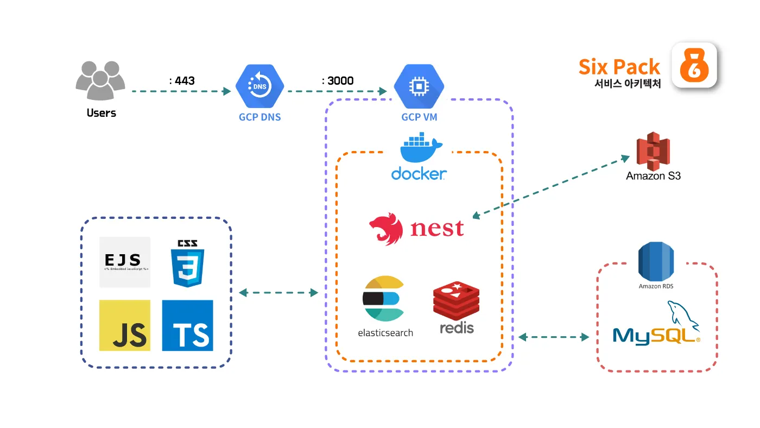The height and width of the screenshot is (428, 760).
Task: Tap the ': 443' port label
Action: point(182,81)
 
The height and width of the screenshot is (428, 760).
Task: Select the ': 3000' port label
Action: point(338,81)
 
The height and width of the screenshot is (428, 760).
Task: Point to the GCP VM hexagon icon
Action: point(419,87)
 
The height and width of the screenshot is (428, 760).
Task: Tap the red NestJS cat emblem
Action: point(386,229)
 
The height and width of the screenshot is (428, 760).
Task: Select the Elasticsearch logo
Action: point(384,299)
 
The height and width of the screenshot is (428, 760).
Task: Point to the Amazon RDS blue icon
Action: point(656,262)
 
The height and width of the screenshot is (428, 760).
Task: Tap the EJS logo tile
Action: point(125,262)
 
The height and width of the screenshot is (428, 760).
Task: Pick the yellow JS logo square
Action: point(125,325)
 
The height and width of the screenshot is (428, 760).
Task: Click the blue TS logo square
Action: point(187,325)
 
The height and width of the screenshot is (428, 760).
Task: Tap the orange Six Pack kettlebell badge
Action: point(694,65)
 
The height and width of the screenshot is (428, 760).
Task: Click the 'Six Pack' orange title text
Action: point(619,67)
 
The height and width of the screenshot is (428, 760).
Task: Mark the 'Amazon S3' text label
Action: point(653,176)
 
